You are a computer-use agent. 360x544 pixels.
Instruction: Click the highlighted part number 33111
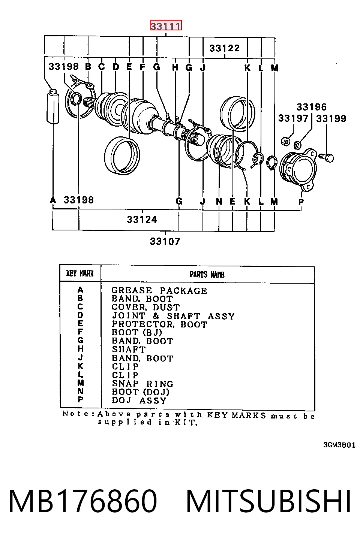point(166,25)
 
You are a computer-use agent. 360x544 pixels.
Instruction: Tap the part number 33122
point(225,48)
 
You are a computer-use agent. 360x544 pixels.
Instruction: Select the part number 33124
point(142,220)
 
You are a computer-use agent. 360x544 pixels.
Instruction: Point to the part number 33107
point(165,241)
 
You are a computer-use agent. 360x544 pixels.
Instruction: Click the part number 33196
point(312,107)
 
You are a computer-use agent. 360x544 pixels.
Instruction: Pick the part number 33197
point(293,118)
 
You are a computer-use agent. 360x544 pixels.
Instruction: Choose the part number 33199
point(331,119)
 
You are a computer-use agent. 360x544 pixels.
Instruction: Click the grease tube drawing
point(53,107)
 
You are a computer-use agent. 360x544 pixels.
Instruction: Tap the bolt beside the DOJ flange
point(327,157)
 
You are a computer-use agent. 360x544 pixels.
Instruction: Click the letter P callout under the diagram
point(301,202)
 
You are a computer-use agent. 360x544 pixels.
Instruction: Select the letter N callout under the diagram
point(219,201)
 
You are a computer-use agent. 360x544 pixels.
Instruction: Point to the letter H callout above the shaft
point(175,67)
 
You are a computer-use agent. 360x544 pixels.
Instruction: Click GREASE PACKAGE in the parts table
point(159,290)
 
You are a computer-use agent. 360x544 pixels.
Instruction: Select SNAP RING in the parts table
point(142,384)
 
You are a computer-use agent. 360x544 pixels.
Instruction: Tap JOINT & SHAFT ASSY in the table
point(173,316)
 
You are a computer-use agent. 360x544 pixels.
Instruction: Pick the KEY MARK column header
point(80,273)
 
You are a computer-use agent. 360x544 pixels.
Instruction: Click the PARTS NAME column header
point(207,274)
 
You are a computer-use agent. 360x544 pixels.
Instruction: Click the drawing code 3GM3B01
point(339,445)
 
